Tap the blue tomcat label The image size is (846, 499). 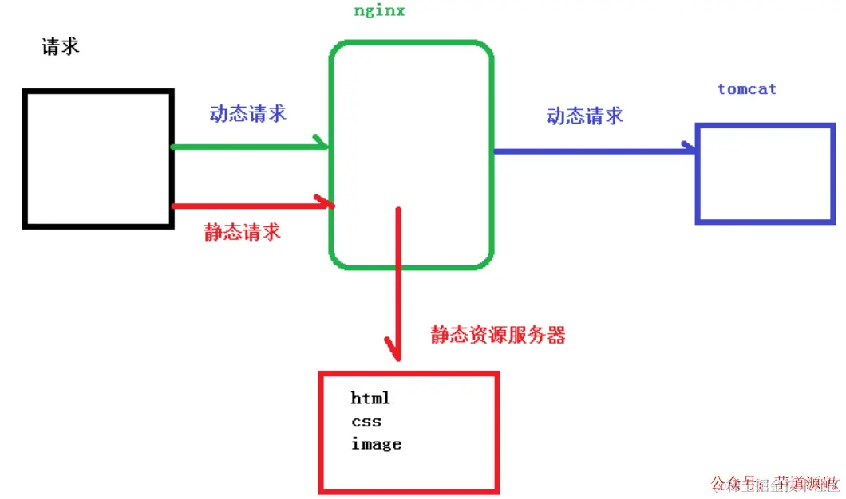(746, 89)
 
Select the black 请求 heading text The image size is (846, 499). (61, 46)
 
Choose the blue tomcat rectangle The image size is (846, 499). (765, 173)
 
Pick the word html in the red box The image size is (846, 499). (370, 398)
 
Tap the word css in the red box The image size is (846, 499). (366, 421)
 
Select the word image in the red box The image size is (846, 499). (376, 444)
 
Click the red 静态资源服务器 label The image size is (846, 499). (498, 335)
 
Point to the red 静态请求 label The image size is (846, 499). (243, 232)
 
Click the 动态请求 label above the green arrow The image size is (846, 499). (248, 113)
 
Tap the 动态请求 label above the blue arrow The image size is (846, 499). (585, 116)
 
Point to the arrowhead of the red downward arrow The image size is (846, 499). (395, 351)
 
